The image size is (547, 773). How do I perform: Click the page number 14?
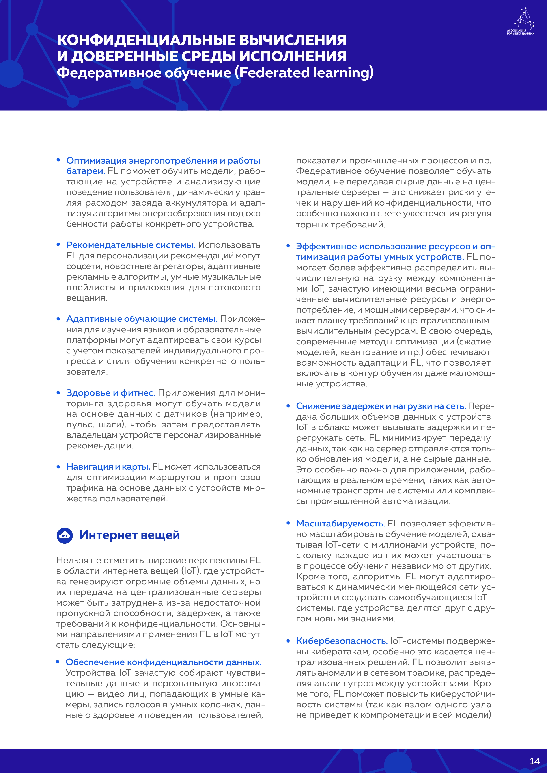[534, 761]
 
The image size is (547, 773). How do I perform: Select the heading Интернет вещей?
[129, 535]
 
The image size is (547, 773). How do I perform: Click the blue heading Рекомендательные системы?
[131, 245]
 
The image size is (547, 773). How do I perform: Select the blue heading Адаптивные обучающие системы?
[142, 319]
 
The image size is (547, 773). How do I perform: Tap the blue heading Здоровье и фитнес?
[110, 393]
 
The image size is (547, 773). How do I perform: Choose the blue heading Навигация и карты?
[108, 467]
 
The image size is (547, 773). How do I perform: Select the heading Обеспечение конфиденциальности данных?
[163, 662]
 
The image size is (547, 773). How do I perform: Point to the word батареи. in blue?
[86, 171]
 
